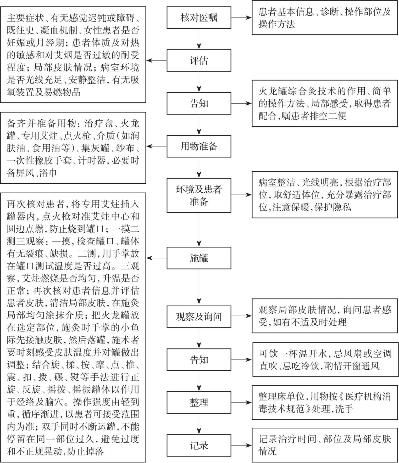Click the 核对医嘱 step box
[199, 18]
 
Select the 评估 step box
[199, 60]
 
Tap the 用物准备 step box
[199, 146]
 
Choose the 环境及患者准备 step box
[199, 195]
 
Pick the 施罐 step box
[199, 258]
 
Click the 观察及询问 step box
[199, 317]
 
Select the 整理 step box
[199, 402]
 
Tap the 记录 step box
[199, 445]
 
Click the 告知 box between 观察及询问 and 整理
[199, 359]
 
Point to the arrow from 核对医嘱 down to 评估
[199, 39]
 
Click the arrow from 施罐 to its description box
[157, 258]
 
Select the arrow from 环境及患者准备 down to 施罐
[199, 229]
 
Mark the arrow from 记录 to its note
[241, 445]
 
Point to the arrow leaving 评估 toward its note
[157, 60]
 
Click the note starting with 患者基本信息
[324, 18]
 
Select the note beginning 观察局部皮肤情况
[324, 316]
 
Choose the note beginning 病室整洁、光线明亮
[324, 195]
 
